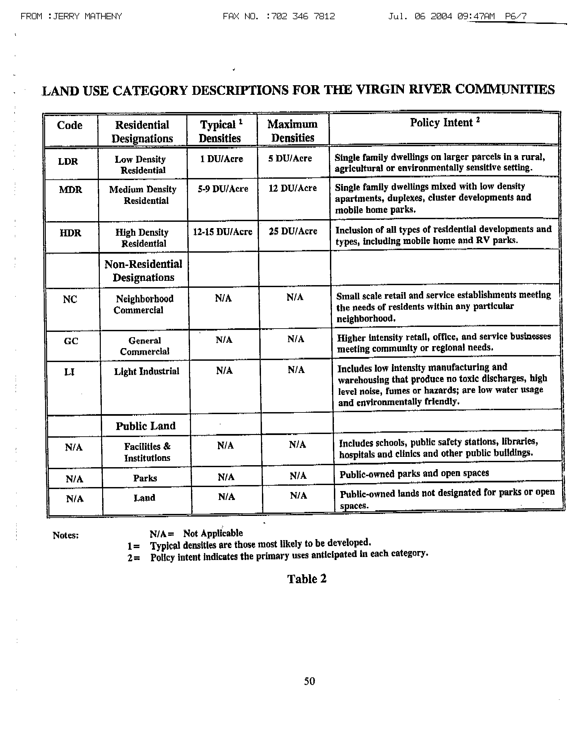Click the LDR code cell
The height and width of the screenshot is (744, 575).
click(x=68, y=161)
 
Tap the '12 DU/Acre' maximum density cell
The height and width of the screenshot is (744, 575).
click(x=292, y=188)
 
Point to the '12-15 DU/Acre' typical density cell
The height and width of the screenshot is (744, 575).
click(x=223, y=232)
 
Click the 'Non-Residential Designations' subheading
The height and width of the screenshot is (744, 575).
click(x=143, y=271)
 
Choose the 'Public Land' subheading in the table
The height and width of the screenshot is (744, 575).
click(x=146, y=426)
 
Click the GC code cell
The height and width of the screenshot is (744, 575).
click(x=71, y=341)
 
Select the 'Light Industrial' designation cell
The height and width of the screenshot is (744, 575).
click(x=147, y=371)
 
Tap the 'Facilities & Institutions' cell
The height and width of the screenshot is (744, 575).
click(x=147, y=452)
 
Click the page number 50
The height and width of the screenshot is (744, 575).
click(x=309, y=681)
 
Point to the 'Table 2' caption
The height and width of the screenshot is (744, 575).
click(x=307, y=579)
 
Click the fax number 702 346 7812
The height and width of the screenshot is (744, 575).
click(x=300, y=16)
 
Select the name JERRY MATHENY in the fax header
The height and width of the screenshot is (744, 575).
click(x=88, y=16)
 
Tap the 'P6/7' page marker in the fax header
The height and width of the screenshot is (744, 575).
click(x=516, y=16)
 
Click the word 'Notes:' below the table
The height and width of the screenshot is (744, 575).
click(x=66, y=535)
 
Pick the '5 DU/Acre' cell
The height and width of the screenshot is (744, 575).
click(x=289, y=158)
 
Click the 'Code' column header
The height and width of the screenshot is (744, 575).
click(x=70, y=125)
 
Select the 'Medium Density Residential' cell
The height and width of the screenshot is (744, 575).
click(x=143, y=195)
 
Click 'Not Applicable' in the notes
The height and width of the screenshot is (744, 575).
click(x=213, y=533)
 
